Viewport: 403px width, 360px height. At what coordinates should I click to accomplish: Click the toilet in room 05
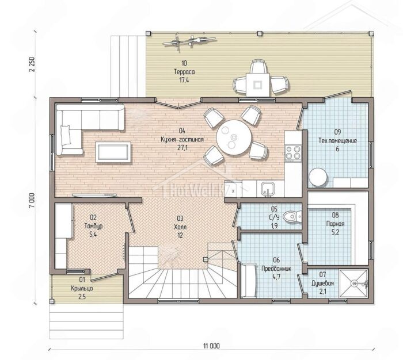click(292, 216)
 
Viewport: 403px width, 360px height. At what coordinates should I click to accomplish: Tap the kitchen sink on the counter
click(267, 189)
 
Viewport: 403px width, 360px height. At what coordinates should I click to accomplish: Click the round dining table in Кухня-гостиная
click(234, 137)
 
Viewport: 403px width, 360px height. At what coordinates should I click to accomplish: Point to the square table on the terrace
click(258, 84)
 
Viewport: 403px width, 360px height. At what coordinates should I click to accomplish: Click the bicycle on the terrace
click(189, 41)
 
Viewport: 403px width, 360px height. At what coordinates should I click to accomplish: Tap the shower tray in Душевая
click(353, 283)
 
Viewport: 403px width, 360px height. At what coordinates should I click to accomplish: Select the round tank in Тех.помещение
click(318, 177)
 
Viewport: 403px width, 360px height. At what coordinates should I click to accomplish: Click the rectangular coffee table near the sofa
click(113, 152)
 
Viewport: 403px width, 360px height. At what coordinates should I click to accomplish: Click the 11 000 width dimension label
click(211, 346)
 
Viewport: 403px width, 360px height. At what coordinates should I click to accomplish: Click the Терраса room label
click(184, 72)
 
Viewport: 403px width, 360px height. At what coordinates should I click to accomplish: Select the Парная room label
click(335, 224)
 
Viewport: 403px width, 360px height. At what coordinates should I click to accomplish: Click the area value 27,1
click(183, 148)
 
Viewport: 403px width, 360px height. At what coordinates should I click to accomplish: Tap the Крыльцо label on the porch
click(82, 288)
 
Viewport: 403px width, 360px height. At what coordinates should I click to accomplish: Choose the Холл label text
click(180, 227)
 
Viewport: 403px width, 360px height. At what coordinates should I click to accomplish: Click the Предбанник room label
click(276, 269)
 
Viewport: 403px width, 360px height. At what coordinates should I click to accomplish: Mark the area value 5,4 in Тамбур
click(93, 234)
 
